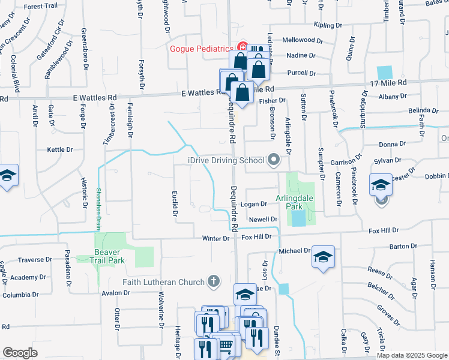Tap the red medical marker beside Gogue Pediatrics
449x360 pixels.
(243, 46)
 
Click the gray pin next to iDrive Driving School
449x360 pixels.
(274, 160)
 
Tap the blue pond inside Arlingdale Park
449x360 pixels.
(297, 218)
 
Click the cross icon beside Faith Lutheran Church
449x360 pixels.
(212, 281)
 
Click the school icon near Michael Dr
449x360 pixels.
(322, 257)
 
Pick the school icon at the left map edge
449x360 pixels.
(7, 175)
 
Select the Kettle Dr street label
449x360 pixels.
(61, 150)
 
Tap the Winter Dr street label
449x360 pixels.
(215, 238)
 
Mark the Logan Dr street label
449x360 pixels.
(253, 205)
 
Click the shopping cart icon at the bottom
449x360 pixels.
(226, 345)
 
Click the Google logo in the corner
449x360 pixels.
(20, 352)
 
